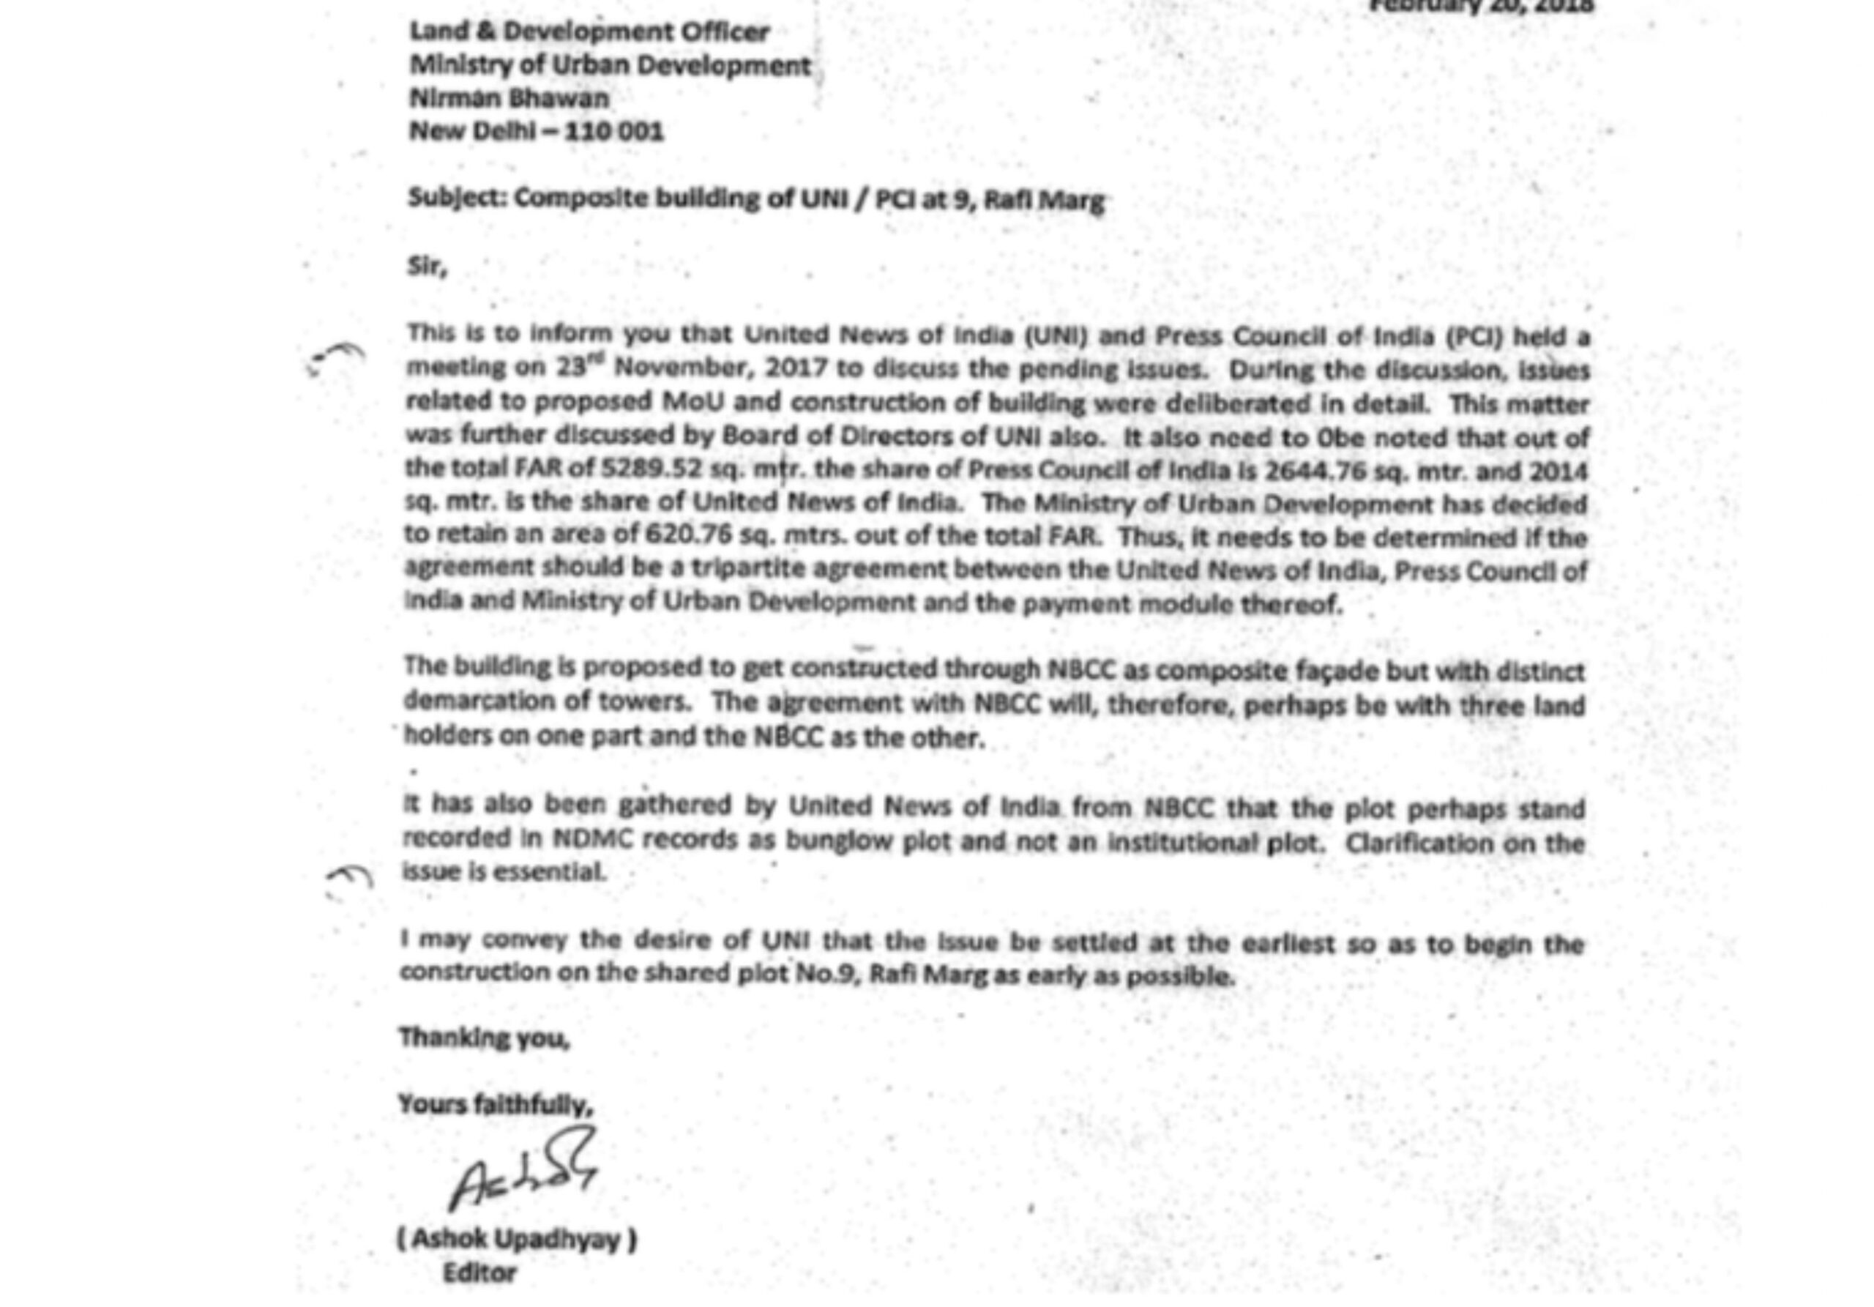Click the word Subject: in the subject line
[x=458, y=198]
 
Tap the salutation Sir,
[x=427, y=267]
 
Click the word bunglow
[x=840, y=840]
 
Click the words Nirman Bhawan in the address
[x=509, y=98]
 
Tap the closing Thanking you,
[x=484, y=1038]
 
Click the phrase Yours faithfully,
[x=495, y=1104]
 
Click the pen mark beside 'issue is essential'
[x=349, y=876]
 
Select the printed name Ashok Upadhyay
[x=517, y=1239]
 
